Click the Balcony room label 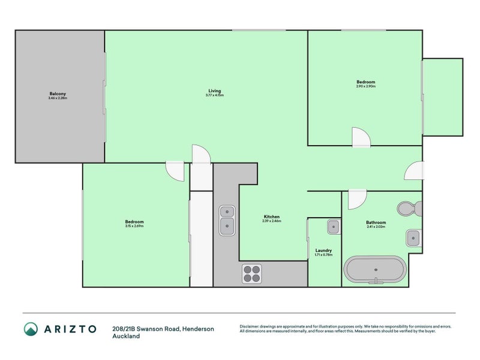58,94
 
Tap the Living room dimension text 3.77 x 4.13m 214,95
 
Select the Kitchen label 271,217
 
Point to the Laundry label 323,250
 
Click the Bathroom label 376,223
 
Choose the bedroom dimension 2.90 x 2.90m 365,86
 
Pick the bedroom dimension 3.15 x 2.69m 134,226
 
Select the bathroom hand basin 413,238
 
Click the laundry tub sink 333,227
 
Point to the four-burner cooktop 252,274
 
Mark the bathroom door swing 356,199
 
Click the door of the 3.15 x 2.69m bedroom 175,171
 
